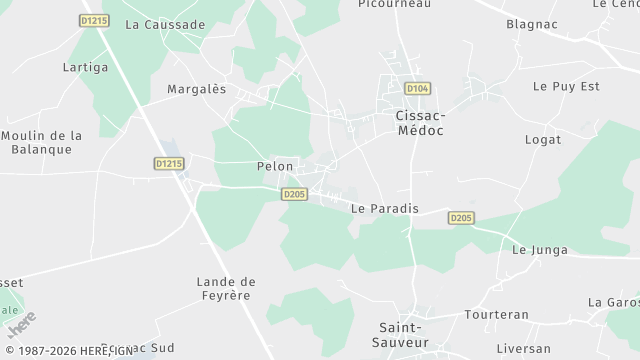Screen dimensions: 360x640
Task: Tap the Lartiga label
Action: [85, 67]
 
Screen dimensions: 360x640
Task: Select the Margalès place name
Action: [197, 88]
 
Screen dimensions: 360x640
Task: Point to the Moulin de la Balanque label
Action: [42, 142]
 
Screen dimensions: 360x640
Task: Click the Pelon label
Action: [275, 166]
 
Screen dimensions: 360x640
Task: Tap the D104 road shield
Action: [418, 88]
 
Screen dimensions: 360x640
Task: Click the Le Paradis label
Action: [385, 208]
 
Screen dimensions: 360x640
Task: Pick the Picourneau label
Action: [394, 4]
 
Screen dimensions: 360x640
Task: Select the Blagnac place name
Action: [532, 23]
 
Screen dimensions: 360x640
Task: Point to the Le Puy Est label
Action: [566, 86]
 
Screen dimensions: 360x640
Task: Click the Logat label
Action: [543, 139]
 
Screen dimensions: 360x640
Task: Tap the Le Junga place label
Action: [540, 250]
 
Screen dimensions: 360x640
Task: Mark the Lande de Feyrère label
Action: [226, 289]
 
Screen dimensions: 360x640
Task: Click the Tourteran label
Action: [496, 314]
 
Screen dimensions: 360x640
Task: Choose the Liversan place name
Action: [523, 348]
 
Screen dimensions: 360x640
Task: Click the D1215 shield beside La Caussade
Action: [94, 20]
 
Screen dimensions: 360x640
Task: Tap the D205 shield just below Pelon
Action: [294, 194]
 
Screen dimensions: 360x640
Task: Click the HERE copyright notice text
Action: [70, 351]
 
